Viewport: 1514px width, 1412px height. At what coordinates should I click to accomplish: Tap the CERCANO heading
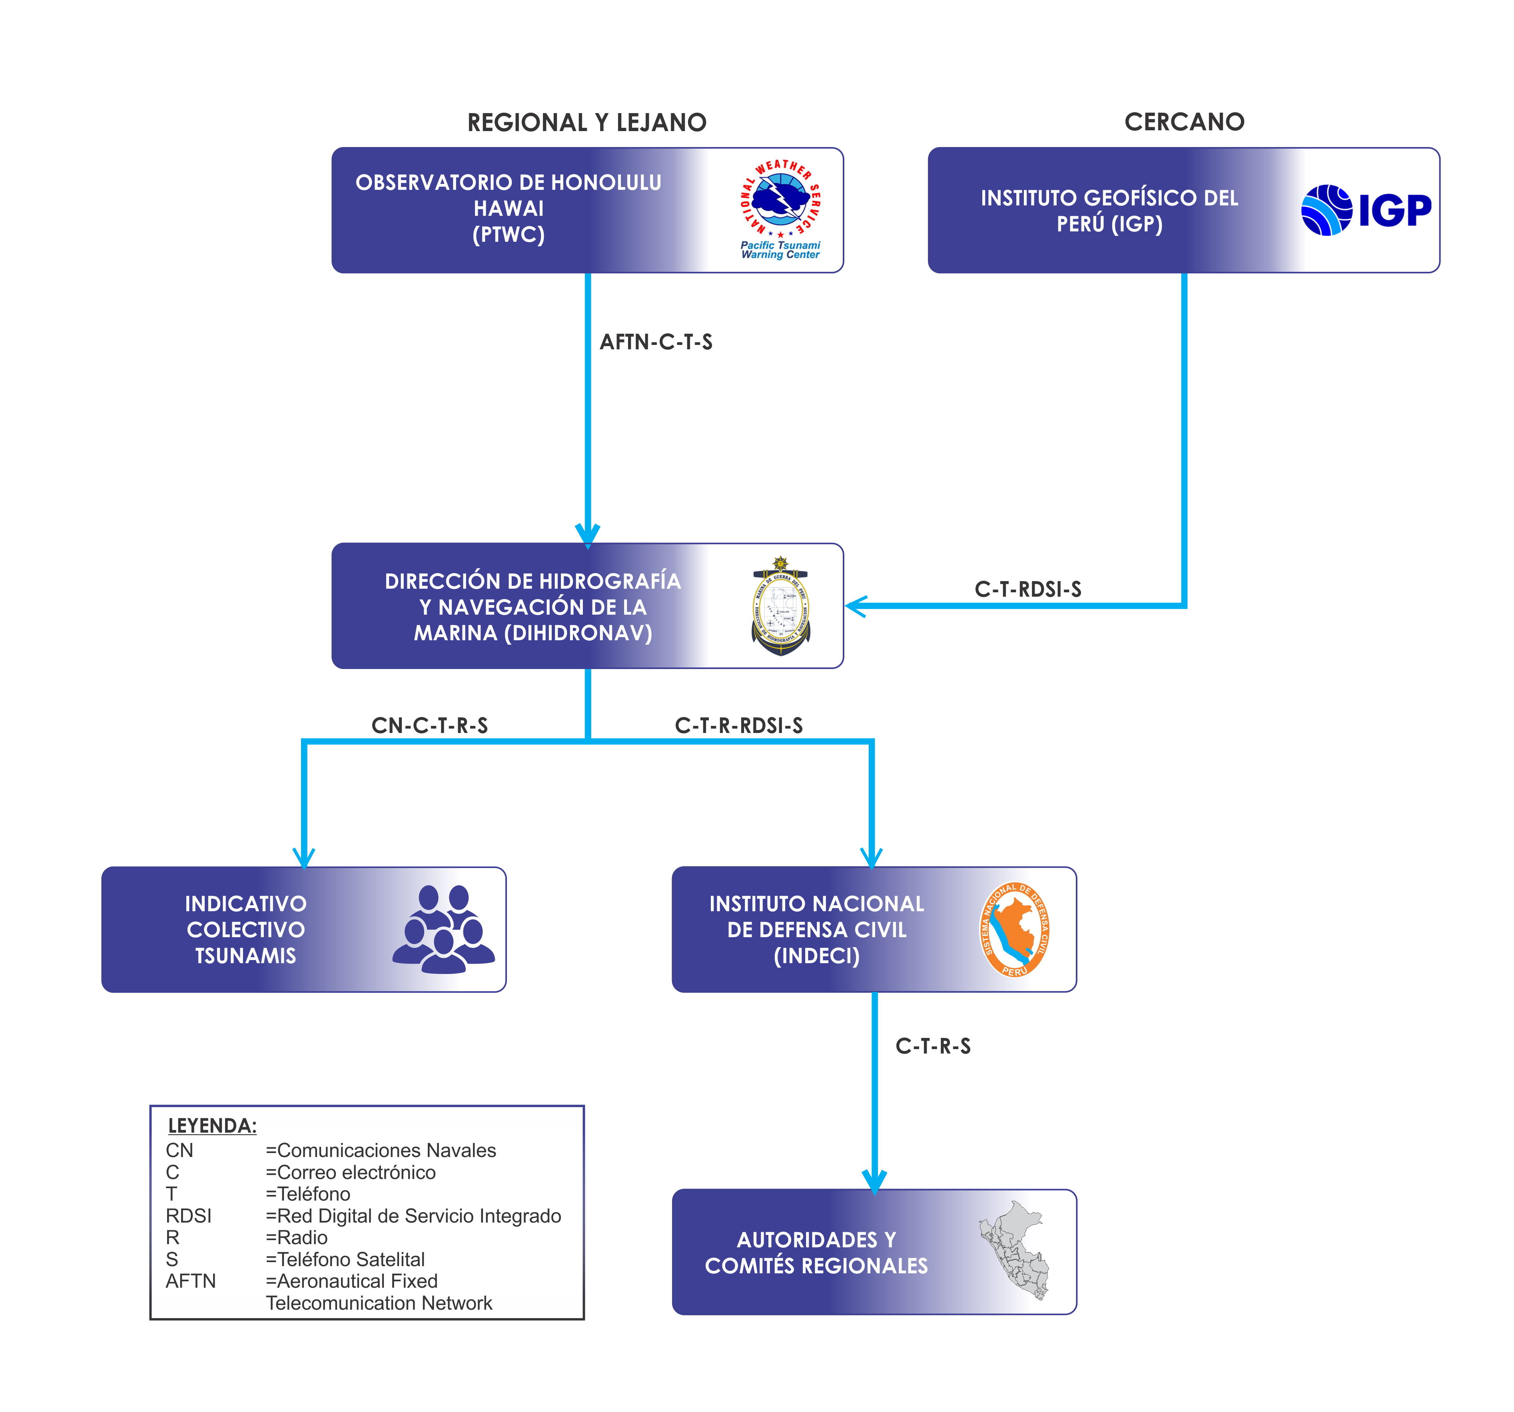coord(1184,122)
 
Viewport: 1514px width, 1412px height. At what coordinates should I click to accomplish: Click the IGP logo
coord(1366,210)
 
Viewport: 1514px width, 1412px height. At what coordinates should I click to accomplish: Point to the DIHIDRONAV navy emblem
coord(781,606)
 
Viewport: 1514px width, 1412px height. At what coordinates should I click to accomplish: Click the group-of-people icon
coord(444,929)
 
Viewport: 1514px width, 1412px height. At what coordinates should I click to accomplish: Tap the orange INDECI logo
coord(1014,929)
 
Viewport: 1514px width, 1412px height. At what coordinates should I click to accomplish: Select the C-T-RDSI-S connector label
coord(1027,589)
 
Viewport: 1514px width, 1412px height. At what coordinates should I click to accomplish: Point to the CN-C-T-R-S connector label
coord(429,725)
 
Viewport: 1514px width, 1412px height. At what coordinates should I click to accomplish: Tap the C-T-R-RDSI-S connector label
coord(739,725)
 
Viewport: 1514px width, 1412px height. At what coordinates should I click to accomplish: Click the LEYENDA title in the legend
coord(212,1126)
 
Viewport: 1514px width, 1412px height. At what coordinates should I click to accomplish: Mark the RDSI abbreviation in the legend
coord(188,1216)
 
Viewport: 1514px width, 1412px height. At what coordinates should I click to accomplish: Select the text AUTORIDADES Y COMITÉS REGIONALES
coord(816,1252)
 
